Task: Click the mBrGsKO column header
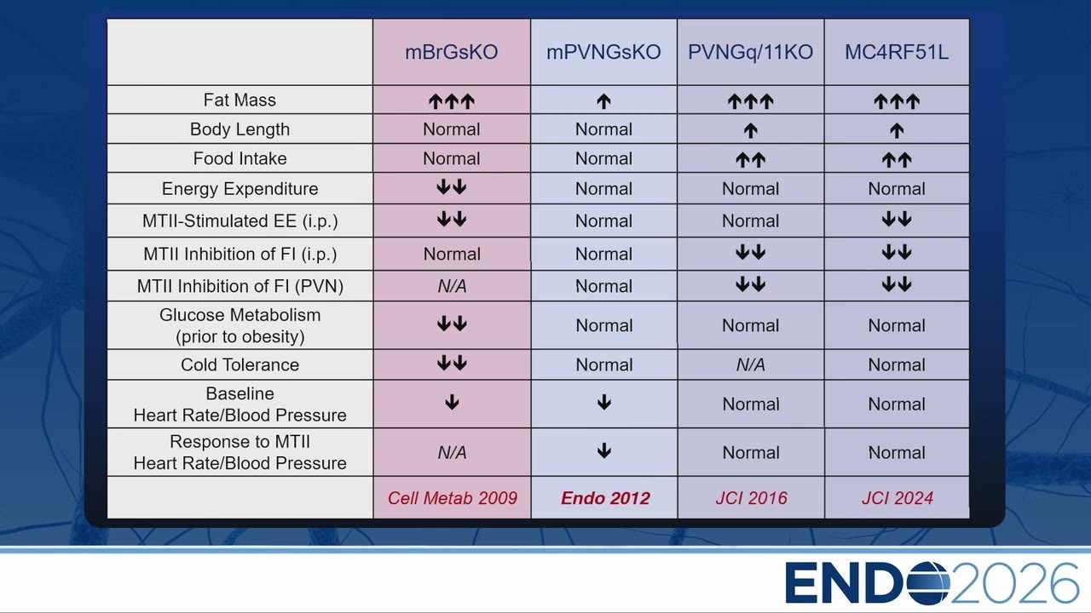452,52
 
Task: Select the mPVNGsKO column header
603,52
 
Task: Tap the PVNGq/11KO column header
751,52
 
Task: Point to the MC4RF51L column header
897,52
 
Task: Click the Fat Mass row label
240,100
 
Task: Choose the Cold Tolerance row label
240,364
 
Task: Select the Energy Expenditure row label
240,188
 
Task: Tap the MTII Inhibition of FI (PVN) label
240,286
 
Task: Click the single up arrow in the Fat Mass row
604,101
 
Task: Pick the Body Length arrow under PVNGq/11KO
751,130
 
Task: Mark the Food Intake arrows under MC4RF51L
897,159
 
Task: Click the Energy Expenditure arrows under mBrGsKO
452,186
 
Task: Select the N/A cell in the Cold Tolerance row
751,365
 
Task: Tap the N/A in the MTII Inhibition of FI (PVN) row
452,286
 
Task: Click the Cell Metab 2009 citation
453,498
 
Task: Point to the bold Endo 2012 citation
605,498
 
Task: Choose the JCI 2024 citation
898,498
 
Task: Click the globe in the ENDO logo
928,583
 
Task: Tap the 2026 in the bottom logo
1014,583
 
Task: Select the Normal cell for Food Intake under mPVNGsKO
603,158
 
